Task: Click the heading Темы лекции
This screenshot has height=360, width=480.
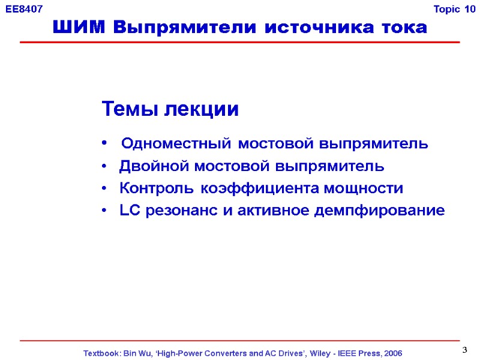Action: (x=170, y=109)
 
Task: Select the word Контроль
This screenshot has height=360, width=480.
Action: (x=157, y=188)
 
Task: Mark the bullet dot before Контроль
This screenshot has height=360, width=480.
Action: (x=105, y=189)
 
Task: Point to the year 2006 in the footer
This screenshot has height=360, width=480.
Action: (x=391, y=353)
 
